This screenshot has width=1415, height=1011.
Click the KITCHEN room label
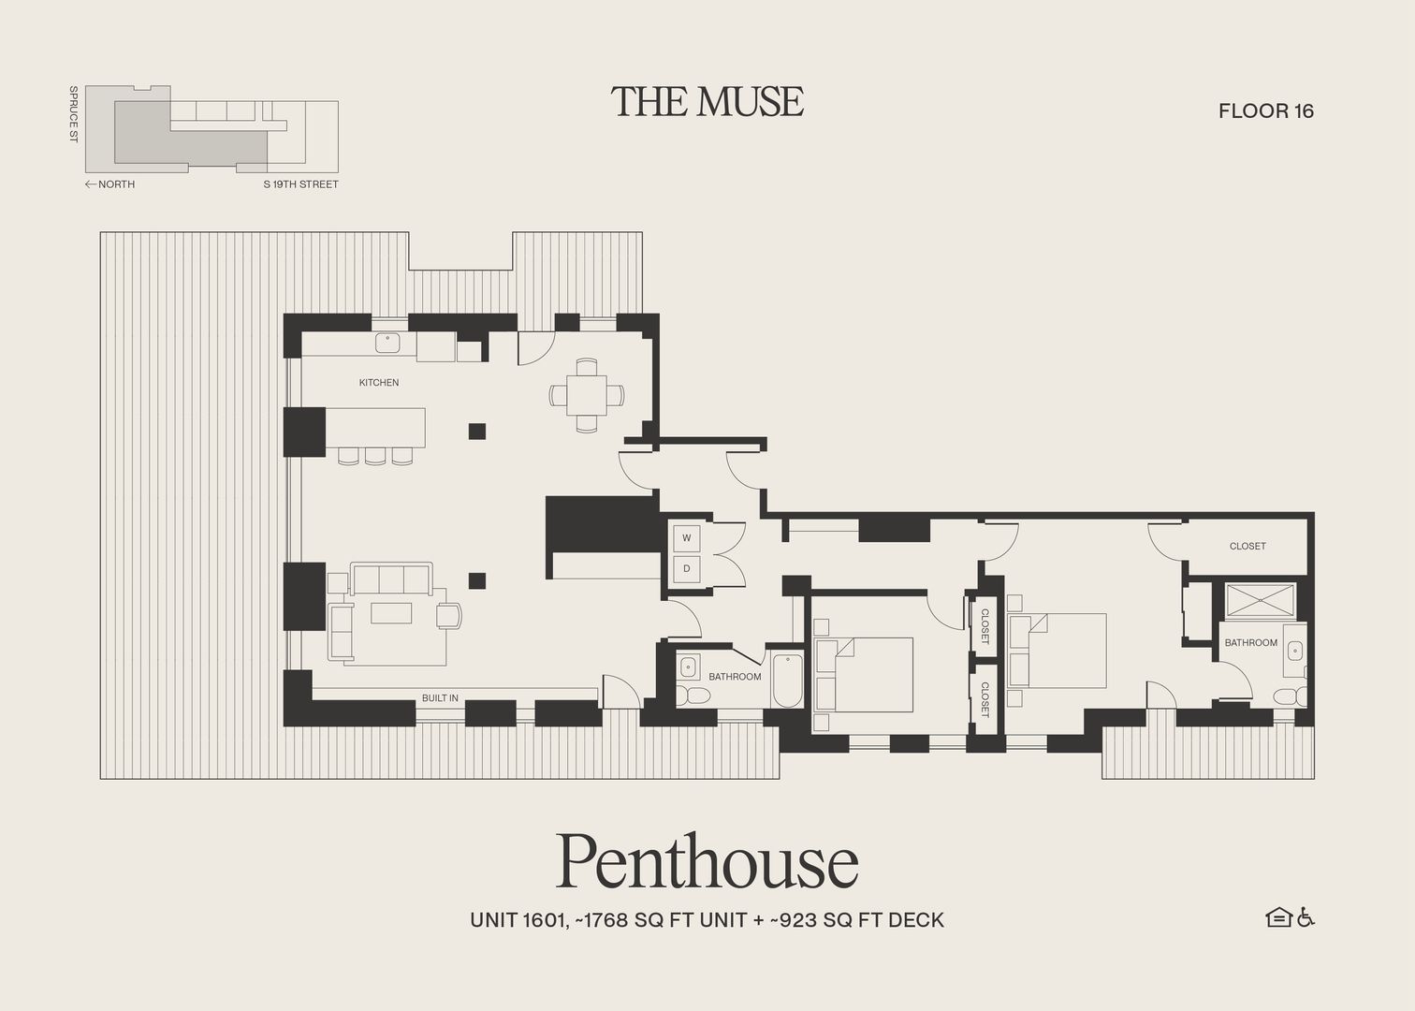[x=379, y=382]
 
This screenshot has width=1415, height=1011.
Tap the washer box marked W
[x=687, y=537]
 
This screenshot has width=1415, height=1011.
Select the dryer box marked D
[x=687, y=568]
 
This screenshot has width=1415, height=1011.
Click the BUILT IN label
[x=440, y=698]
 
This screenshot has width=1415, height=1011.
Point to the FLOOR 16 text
[x=1265, y=110]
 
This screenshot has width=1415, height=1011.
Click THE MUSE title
[x=707, y=101]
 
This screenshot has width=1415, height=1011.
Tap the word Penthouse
[x=707, y=861]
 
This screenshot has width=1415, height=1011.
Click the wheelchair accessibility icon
[x=1306, y=917]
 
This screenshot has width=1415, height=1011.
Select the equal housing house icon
[x=1278, y=917]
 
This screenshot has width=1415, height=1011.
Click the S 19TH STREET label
[x=300, y=184]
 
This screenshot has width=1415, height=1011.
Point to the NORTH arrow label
[x=110, y=184]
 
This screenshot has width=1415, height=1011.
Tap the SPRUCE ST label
[x=73, y=114]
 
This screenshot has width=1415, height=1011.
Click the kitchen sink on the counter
[x=388, y=344]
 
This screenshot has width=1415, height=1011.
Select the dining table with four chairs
[x=587, y=395]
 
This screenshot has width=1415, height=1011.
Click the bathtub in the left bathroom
[x=787, y=681]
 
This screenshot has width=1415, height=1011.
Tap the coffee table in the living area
[x=391, y=612]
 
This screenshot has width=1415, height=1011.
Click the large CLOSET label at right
[x=1247, y=546]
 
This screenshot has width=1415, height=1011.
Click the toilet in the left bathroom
[x=694, y=696]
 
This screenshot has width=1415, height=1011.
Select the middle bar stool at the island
[x=375, y=456]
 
